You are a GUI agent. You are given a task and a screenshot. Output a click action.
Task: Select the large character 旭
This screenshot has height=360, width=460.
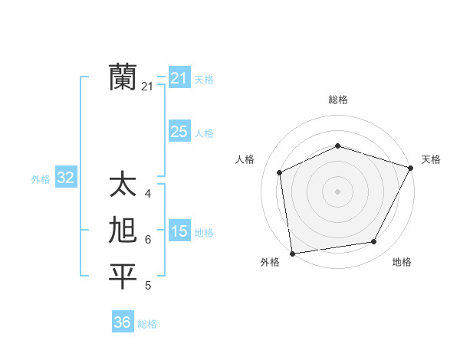123,231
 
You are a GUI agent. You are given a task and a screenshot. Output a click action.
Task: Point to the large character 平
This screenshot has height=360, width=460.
123,277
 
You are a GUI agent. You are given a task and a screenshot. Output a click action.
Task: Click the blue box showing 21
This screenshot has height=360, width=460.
179,78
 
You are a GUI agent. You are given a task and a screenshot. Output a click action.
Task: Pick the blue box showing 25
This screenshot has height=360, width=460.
179,132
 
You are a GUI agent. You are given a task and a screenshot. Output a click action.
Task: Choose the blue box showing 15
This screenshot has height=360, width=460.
179,231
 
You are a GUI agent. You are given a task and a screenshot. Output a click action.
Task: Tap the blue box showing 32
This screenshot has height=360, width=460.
65,178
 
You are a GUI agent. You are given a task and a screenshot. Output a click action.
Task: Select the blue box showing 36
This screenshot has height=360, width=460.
122,322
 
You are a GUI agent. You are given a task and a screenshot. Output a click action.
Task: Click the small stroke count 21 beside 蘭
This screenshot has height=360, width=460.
147,87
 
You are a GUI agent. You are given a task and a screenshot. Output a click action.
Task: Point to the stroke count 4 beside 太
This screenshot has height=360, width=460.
147,194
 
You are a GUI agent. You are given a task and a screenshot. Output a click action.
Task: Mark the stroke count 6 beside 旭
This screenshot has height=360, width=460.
147,240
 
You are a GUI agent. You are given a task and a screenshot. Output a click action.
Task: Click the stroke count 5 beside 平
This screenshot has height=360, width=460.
147,286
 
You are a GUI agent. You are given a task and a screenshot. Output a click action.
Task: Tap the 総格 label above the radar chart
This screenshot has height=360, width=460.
338,100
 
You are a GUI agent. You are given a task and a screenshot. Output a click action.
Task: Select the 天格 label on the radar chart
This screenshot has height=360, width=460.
431,159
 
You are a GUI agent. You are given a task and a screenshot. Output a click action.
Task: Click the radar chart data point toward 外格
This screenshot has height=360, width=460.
292,253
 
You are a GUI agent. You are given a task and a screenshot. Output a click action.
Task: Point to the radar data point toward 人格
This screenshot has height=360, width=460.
280,172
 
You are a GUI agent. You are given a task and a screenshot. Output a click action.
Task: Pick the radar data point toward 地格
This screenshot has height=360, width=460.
374,242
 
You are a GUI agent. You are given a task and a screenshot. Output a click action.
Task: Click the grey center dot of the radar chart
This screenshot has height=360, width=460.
337,191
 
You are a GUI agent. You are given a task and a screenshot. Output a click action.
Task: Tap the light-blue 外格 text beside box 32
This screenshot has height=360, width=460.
41,179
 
